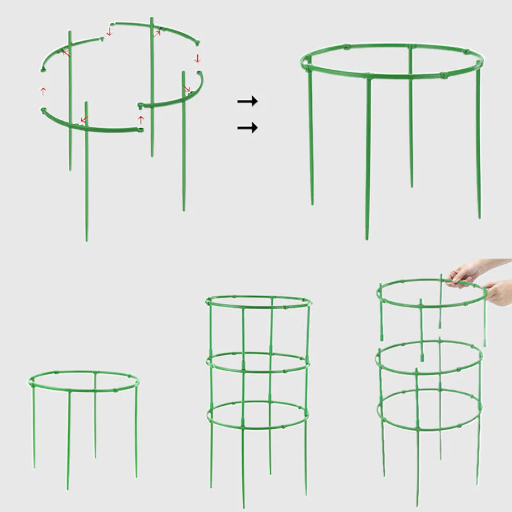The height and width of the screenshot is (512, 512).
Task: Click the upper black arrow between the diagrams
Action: pyautogui.click(x=247, y=101)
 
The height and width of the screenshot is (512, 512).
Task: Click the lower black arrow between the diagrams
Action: pyautogui.click(x=247, y=128)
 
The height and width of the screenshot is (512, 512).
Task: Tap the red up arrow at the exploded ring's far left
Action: pyautogui.click(x=44, y=92)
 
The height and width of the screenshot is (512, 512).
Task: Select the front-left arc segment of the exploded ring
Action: pyautogui.click(x=102, y=127)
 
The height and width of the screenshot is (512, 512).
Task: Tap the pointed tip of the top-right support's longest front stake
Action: pyautogui.click(x=369, y=237)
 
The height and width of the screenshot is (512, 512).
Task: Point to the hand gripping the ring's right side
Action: pyautogui.click(x=496, y=293)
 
